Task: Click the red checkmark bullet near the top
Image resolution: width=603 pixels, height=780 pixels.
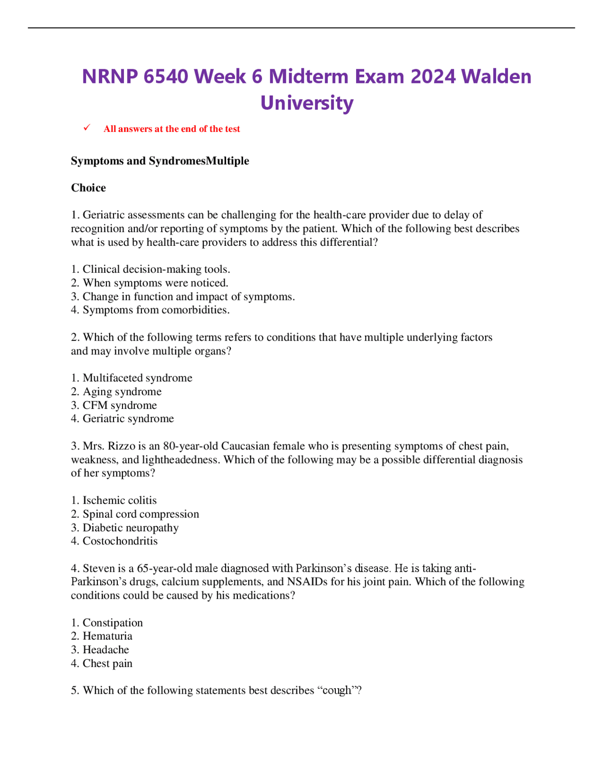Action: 87,128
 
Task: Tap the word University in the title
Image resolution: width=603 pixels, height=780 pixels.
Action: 307,103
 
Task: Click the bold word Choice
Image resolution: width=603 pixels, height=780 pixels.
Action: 89,188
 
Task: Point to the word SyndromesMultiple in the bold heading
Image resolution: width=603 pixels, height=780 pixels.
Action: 199,161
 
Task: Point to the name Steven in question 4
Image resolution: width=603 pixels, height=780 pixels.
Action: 98,569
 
